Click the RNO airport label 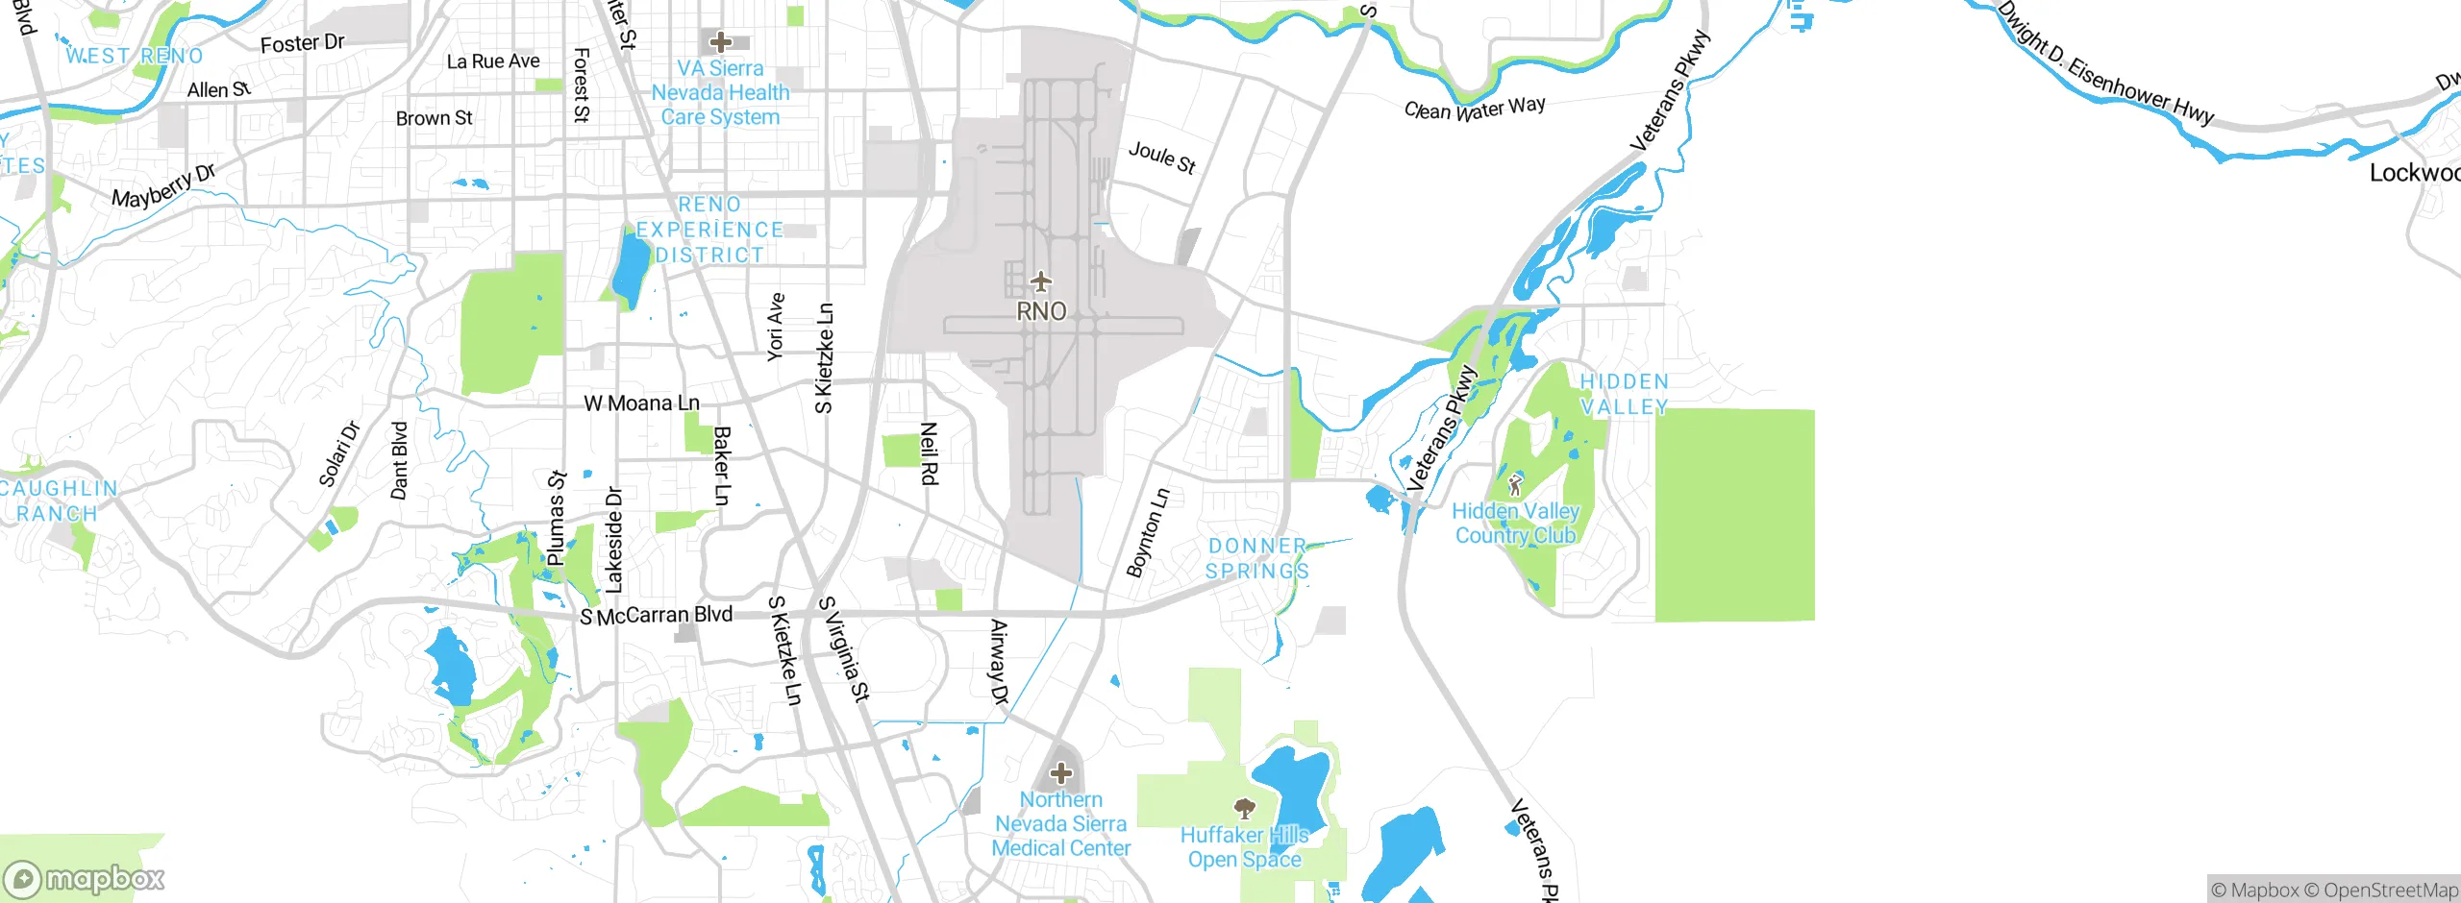click(x=1041, y=311)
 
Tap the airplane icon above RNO click(x=1041, y=282)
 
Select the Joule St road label click(x=1162, y=158)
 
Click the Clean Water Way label click(x=1475, y=109)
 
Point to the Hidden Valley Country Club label click(x=1516, y=524)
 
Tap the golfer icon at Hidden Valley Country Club click(x=1516, y=484)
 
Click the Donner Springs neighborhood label click(x=1257, y=558)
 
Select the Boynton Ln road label click(x=1149, y=533)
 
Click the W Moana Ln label click(x=642, y=403)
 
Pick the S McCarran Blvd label click(x=657, y=615)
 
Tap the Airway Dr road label click(x=999, y=663)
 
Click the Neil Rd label click(x=929, y=453)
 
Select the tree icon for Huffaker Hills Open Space click(x=1245, y=808)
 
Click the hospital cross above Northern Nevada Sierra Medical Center click(x=1060, y=772)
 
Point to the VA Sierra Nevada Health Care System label click(x=721, y=93)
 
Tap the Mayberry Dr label click(x=163, y=186)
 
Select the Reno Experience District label click(x=709, y=230)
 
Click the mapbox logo click(x=84, y=879)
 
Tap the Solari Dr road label click(x=339, y=454)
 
